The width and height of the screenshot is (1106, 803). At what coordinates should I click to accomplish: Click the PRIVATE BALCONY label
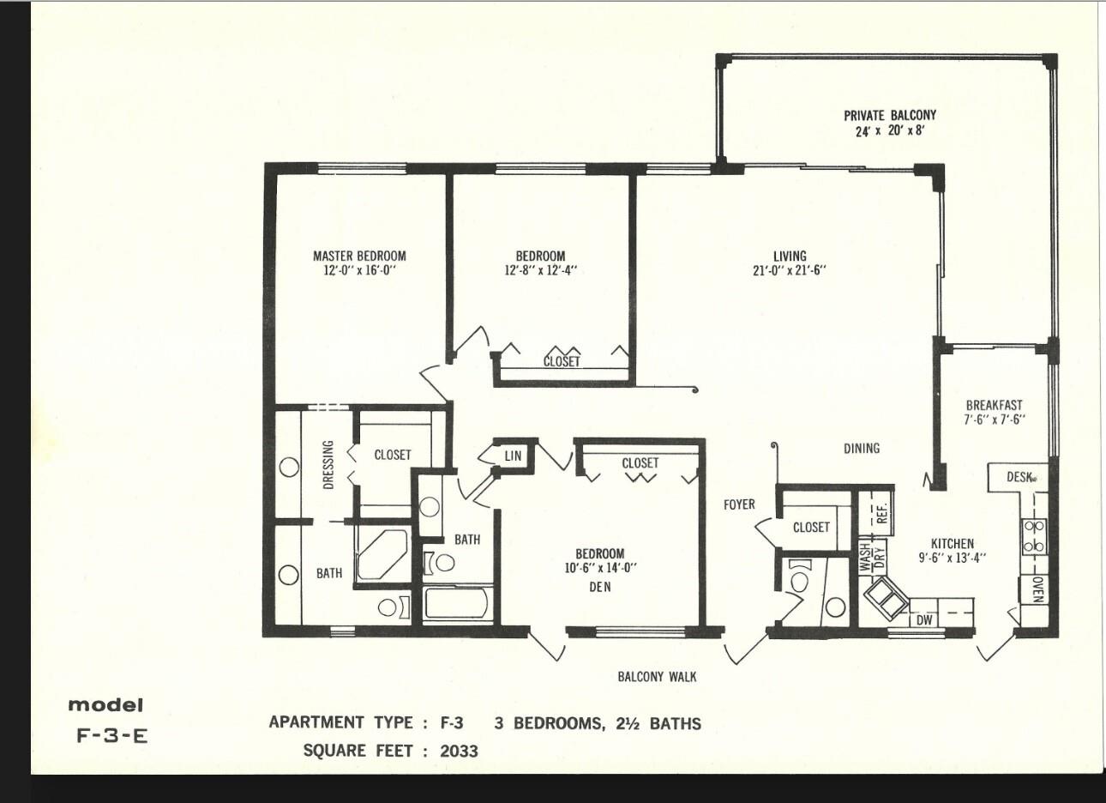click(x=890, y=115)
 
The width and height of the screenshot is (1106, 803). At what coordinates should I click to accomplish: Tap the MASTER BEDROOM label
click(x=359, y=256)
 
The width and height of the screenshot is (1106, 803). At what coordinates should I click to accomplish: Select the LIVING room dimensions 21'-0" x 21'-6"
click(x=790, y=270)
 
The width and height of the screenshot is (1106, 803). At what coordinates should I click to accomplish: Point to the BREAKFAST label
click(x=994, y=405)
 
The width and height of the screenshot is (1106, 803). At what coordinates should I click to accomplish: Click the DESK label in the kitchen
click(x=1019, y=477)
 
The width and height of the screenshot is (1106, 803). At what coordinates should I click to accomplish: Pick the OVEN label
click(x=1037, y=590)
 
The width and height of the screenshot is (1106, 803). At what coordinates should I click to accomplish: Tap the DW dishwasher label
click(x=923, y=620)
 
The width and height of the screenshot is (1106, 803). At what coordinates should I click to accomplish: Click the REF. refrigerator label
click(x=882, y=513)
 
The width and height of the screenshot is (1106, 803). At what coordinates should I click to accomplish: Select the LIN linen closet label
click(x=513, y=456)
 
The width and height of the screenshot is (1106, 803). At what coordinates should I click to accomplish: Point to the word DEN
click(x=600, y=587)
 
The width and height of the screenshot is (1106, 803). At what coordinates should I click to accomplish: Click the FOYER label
click(x=739, y=504)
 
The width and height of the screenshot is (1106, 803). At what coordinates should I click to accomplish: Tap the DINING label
click(x=862, y=448)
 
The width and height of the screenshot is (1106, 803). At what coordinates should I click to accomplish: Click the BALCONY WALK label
click(x=657, y=677)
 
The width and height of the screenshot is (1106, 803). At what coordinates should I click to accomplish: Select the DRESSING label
click(x=328, y=464)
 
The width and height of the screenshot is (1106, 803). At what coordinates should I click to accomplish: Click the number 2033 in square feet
click(x=459, y=752)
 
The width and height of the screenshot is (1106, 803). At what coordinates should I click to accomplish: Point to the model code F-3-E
click(x=112, y=736)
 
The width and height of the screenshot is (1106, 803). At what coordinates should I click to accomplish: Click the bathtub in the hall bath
click(x=457, y=603)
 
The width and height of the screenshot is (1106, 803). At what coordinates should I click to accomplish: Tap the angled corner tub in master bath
click(x=382, y=554)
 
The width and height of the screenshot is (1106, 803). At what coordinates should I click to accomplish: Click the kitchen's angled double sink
click(x=886, y=599)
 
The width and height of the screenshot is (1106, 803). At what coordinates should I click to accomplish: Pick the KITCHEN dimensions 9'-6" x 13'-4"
click(x=952, y=558)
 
